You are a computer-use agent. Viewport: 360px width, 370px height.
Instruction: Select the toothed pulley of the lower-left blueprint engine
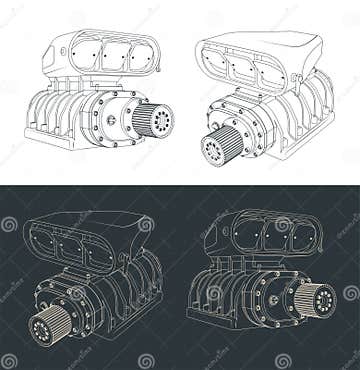pos(43,326)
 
